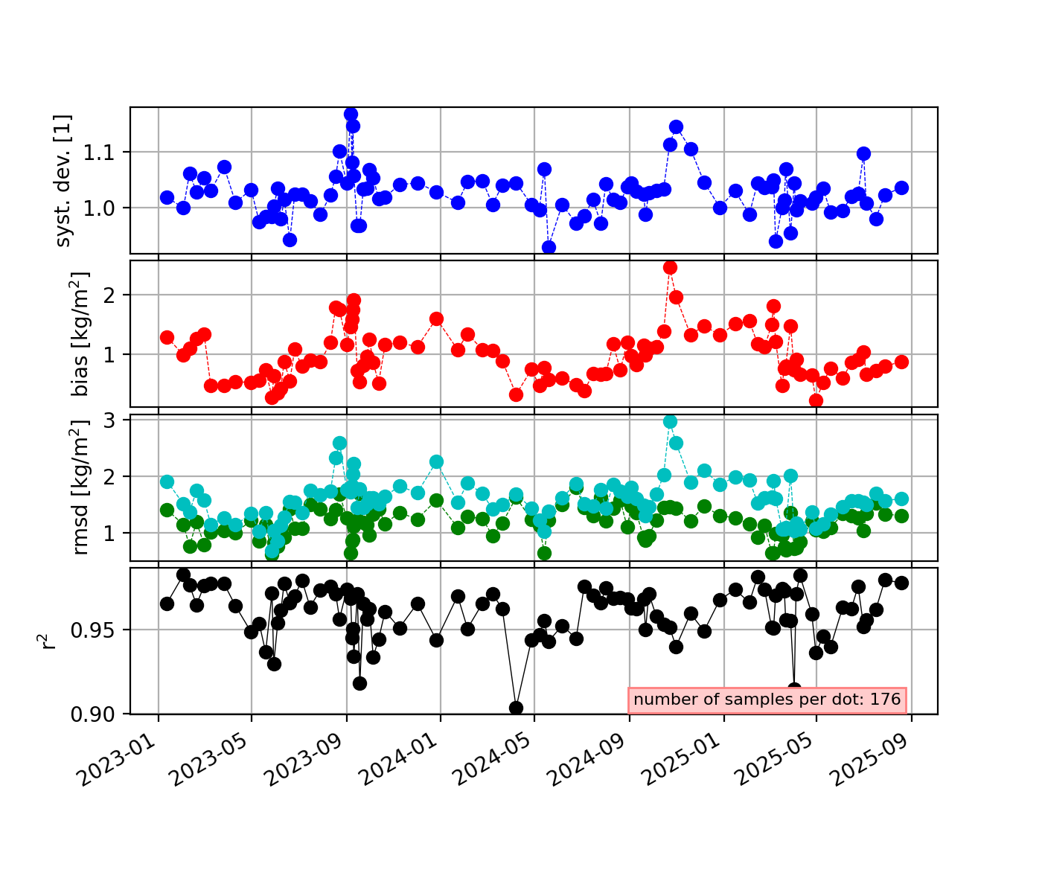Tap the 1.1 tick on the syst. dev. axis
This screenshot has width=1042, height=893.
[107, 153]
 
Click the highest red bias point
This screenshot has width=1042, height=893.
[670, 267]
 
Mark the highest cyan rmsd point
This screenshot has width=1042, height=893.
[670, 421]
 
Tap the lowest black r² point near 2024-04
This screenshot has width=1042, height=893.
[516, 708]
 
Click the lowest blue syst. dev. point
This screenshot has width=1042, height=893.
[549, 247]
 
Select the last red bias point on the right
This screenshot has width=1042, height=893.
[901, 362]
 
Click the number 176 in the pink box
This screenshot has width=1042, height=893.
[886, 700]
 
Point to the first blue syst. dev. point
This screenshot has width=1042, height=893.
[167, 197]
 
